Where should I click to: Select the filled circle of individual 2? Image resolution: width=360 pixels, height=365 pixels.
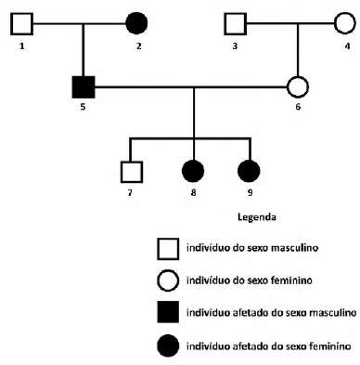pyautogui.click(x=135, y=21)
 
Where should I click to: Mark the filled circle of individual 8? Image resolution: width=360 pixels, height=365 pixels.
pyautogui.click(x=193, y=171)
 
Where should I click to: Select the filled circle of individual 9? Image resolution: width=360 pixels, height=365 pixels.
pyautogui.click(x=250, y=171)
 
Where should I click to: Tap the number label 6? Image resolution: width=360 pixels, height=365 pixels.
pyautogui.click(x=298, y=108)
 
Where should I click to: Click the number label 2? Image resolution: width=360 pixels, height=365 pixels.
pyautogui.click(x=136, y=44)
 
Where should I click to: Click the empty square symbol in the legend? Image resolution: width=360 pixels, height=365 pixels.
pyautogui.click(x=169, y=247)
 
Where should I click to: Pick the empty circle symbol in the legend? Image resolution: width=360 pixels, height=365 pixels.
pyautogui.click(x=169, y=280)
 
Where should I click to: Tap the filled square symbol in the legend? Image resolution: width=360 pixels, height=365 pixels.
pyautogui.click(x=169, y=312)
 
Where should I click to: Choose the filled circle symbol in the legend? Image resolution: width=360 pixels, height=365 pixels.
pyautogui.click(x=169, y=345)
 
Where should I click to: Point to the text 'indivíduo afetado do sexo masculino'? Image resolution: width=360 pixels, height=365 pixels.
pyautogui.click(x=271, y=312)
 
